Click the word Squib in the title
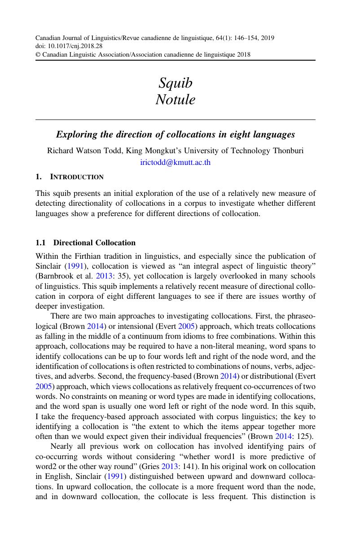(x=176, y=83)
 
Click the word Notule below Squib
(x=176, y=99)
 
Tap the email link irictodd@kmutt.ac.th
(x=176, y=163)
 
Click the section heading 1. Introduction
(x=70, y=177)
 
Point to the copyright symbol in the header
(x=37, y=55)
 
